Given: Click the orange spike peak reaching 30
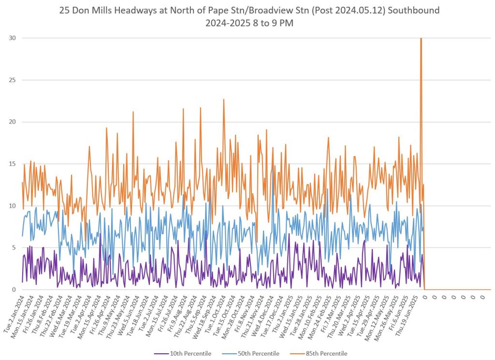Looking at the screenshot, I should click(x=421, y=39).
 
